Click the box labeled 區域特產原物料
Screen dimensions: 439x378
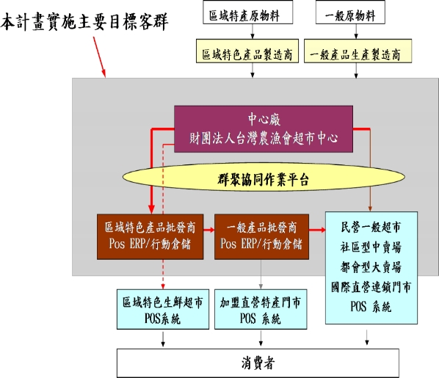[248, 12]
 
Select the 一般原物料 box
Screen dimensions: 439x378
[350, 12]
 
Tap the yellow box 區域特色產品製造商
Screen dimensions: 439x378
[247, 51]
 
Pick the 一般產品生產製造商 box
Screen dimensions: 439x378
[358, 51]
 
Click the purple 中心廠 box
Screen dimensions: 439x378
[264, 129]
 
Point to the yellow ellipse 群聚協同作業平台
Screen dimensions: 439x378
[264, 177]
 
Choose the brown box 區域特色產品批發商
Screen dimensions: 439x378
[150, 237]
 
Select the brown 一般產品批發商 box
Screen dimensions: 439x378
[261, 237]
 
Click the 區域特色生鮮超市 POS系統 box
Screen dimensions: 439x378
[163, 309]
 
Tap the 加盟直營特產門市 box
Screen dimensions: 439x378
[261, 309]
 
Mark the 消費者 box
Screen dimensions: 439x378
[258, 363]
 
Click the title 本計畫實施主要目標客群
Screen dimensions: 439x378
[84, 22]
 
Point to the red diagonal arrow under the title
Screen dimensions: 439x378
[99, 57]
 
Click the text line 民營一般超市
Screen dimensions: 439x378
[371, 227]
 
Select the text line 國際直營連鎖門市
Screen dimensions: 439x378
[371, 287]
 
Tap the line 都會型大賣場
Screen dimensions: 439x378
[371, 267]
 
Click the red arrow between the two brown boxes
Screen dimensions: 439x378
[209, 230]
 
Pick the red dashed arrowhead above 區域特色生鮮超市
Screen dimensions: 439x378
[163, 286]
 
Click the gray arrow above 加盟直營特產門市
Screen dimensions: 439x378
[261, 275]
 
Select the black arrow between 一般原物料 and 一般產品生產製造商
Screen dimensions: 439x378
[356, 32]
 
